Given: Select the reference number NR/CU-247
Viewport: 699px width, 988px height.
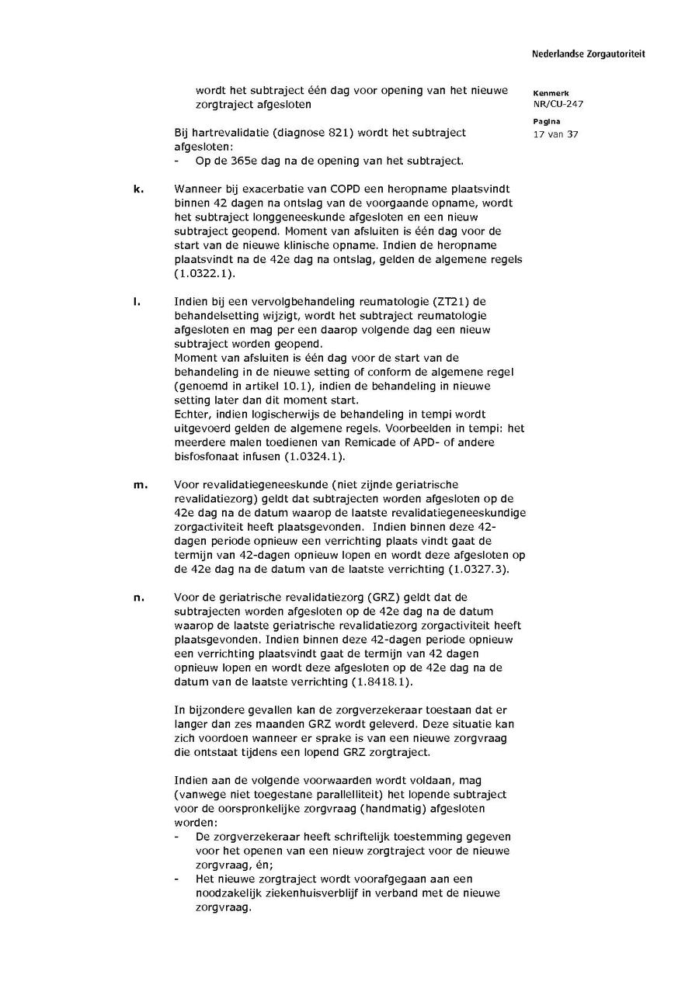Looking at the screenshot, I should click(558, 104).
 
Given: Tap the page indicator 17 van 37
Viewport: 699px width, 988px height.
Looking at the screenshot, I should click(555, 134).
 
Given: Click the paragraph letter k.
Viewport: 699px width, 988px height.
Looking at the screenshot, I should click(137, 189).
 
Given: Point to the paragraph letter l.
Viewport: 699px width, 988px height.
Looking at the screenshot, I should click(136, 301).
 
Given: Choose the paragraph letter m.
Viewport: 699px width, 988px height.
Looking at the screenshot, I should click(139, 484).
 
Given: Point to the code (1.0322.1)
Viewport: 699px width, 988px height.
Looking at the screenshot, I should click(204, 273).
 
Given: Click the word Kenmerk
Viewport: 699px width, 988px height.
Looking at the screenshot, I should click(551, 93).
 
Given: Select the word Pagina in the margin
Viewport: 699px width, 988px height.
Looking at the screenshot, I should click(547, 122).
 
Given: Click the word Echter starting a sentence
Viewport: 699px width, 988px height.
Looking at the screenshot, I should click(191, 414).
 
